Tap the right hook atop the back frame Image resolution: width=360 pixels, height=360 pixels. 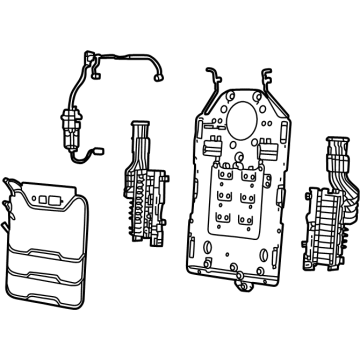pyautogui.click(x=267, y=76)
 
